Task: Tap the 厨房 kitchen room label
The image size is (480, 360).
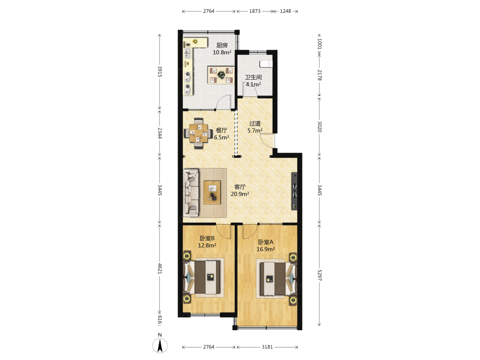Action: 222,45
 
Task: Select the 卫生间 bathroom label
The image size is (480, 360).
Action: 253,77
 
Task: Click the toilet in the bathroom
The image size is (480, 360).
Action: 266,64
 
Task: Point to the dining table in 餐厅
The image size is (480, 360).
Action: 198,133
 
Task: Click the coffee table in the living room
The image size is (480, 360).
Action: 212,192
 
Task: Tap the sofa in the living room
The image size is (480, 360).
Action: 191,193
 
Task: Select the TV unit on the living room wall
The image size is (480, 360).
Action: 294,192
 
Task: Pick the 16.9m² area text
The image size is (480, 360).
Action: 265,249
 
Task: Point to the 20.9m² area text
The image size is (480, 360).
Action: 240,194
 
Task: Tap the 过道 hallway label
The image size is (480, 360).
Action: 255,123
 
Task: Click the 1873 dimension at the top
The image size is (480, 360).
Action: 255,11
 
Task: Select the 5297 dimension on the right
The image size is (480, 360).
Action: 320,275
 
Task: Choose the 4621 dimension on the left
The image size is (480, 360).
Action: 159,268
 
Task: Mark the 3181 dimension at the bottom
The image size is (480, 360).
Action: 267,347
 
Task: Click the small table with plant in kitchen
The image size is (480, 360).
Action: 221,75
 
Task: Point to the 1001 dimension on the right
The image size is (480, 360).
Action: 320,44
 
